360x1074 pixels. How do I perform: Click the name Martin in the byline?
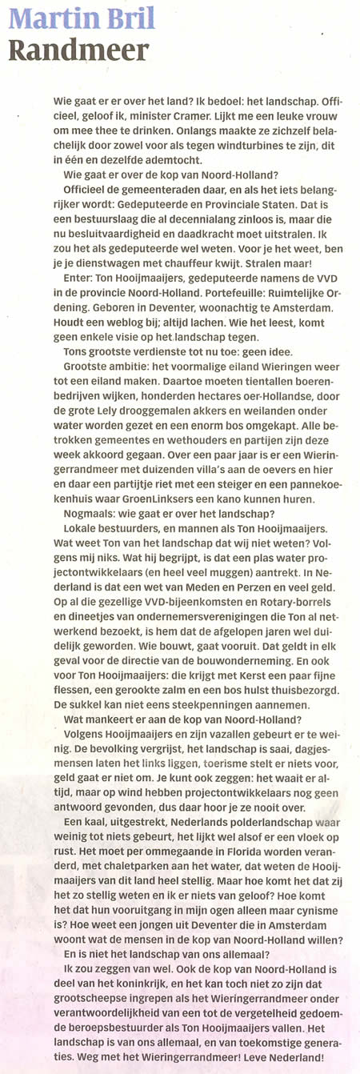tap(51, 18)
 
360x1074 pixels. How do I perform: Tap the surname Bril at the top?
tap(127, 18)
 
